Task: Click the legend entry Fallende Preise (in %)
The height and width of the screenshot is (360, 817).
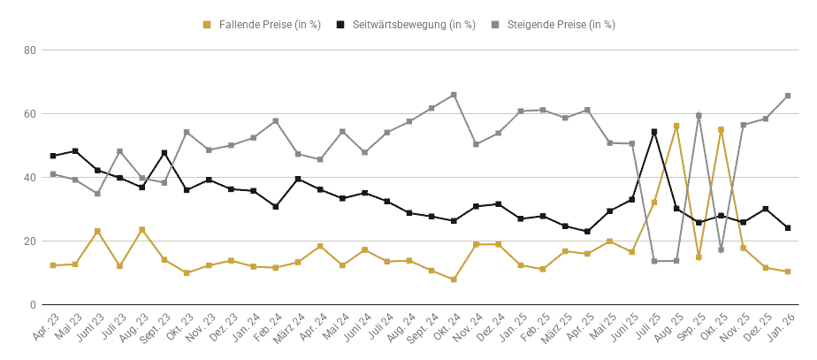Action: [262, 25]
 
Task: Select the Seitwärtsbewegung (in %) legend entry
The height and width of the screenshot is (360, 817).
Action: [406, 25]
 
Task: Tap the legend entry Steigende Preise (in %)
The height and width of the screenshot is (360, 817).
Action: [553, 25]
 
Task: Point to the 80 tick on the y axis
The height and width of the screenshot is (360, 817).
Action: [29, 50]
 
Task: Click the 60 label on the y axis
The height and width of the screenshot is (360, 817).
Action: [29, 114]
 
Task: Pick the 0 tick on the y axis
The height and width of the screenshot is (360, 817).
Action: [32, 305]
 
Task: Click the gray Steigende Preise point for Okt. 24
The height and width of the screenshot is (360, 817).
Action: [454, 95]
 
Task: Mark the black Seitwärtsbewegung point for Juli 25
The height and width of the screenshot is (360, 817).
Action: [654, 132]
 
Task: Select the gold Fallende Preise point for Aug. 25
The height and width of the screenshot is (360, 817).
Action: [676, 126]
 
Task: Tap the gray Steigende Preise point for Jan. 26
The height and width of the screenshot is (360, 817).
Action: [788, 96]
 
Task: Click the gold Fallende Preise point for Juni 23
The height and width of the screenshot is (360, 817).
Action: [97, 232]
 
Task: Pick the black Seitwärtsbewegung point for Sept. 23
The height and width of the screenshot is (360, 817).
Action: [164, 153]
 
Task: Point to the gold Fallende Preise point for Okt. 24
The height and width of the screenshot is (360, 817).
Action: [454, 280]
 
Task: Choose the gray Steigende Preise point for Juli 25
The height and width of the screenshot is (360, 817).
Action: [654, 261]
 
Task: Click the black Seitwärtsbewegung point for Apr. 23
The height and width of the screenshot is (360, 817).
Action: [53, 156]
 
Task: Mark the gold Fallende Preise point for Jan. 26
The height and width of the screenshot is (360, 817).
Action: [788, 272]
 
